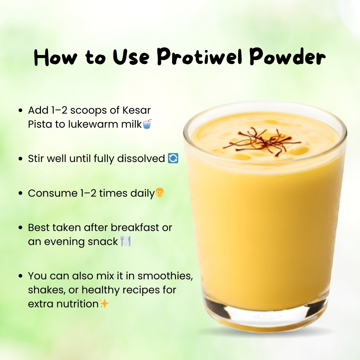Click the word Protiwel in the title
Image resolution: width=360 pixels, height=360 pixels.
(x=200, y=56)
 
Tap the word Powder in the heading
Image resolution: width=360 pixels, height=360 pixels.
(x=287, y=56)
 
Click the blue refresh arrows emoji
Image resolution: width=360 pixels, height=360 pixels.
(x=173, y=158)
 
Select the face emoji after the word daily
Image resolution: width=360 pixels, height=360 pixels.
(x=160, y=193)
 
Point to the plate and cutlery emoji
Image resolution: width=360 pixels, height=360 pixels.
(x=125, y=241)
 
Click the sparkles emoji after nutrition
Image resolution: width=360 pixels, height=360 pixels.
(x=104, y=304)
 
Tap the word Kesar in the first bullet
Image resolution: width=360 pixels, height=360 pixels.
(x=136, y=110)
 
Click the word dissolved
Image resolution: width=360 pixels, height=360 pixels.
(x=141, y=158)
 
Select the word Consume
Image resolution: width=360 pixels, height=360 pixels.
(x=53, y=193)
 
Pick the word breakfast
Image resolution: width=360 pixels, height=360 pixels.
(x=135, y=228)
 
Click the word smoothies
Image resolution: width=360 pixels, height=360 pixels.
(x=165, y=276)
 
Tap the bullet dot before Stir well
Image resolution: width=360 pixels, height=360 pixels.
(x=21, y=159)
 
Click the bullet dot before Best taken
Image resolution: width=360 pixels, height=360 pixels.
(x=21, y=228)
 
